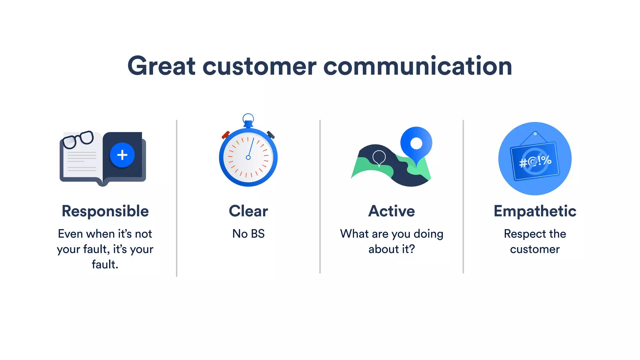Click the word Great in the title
[161, 66]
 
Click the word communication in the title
[417, 66]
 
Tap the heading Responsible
[105, 211]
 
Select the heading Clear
[248, 211]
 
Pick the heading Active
[392, 211]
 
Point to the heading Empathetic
[535, 211]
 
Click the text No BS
[248, 234]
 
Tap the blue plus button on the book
[122, 155]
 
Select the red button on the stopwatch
[226, 135]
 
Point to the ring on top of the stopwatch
[248, 118]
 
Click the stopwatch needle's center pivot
[248, 157]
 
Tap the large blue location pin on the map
[416, 143]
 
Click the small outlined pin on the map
[379, 157]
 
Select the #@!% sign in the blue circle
[535, 162]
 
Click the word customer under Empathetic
[535, 249]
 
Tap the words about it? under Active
[392, 249]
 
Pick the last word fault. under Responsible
[105, 265]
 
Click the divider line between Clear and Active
[320, 197]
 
